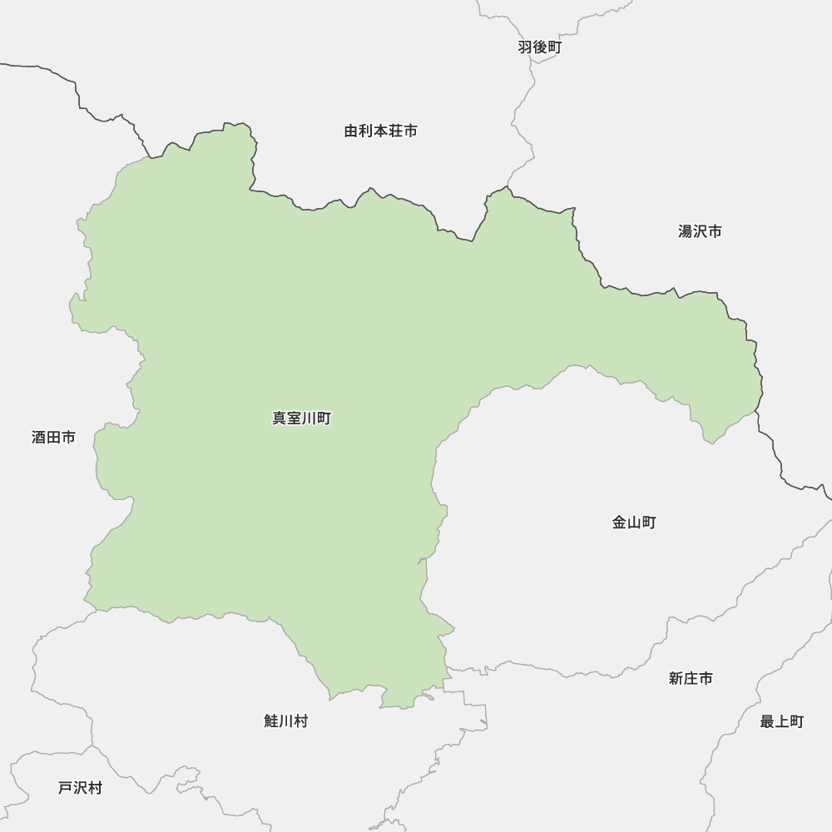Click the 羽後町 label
pyautogui.click(x=539, y=47)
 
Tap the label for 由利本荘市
pyautogui.click(x=380, y=131)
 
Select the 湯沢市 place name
pyautogui.click(x=700, y=231)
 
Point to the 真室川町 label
pyautogui.click(x=301, y=418)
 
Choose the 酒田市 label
pyautogui.click(x=53, y=437)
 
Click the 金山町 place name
pyautogui.click(x=634, y=522)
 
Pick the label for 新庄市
pyautogui.click(x=691, y=678)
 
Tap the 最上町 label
pyautogui.click(x=782, y=721)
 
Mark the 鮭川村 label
pyautogui.click(x=285, y=721)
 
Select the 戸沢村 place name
pyautogui.click(x=80, y=787)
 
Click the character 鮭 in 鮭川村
pyautogui.click(x=271, y=721)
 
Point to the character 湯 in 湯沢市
pyautogui.click(x=686, y=231)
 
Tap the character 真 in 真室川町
pyautogui.click(x=280, y=418)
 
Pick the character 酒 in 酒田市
pyautogui.click(x=39, y=437)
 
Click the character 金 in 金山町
pyautogui.click(x=620, y=522)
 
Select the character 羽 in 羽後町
pyautogui.click(x=525, y=47)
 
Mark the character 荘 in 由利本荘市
pyautogui.click(x=395, y=131)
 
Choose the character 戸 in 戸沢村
pyautogui.click(x=66, y=787)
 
